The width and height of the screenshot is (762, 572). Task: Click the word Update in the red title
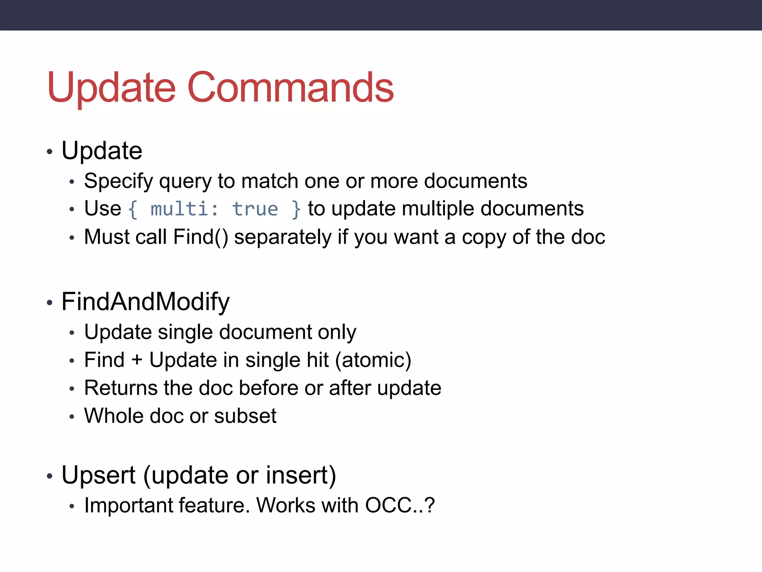(111, 88)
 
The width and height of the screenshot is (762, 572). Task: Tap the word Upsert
(98, 475)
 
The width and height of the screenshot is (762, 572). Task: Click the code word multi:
(185, 209)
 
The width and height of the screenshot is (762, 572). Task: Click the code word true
(255, 209)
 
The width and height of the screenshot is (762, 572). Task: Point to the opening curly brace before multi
(133, 209)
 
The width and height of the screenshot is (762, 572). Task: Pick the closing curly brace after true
(296, 209)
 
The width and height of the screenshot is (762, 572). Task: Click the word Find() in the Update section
(201, 237)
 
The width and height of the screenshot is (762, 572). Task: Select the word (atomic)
(373, 360)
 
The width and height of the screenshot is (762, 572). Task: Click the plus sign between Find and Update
(137, 360)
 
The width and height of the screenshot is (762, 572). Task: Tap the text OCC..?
(400, 505)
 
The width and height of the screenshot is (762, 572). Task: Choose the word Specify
(118, 181)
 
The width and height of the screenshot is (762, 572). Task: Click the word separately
(282, 237)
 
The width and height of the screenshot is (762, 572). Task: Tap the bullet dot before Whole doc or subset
(72, 417)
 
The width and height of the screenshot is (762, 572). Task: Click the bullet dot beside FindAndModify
(49, 303)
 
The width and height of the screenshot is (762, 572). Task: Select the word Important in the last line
(128, 505)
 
